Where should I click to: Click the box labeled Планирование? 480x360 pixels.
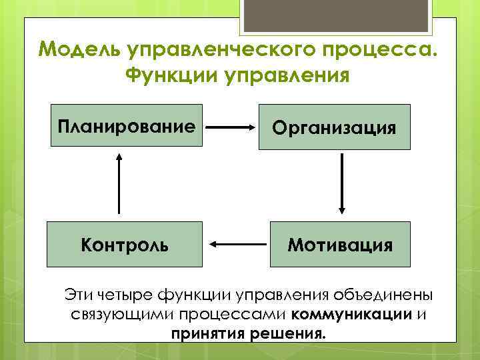[x=127, y=126]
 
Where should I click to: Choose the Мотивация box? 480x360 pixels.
[x=340, y=244]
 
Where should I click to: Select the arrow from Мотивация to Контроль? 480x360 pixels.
[x=237, y=245]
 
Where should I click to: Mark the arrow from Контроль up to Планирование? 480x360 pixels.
[x=120, y=183]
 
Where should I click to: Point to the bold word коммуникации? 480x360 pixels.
[x=351, y=313]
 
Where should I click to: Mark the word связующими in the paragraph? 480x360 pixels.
[x=111, y=313]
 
